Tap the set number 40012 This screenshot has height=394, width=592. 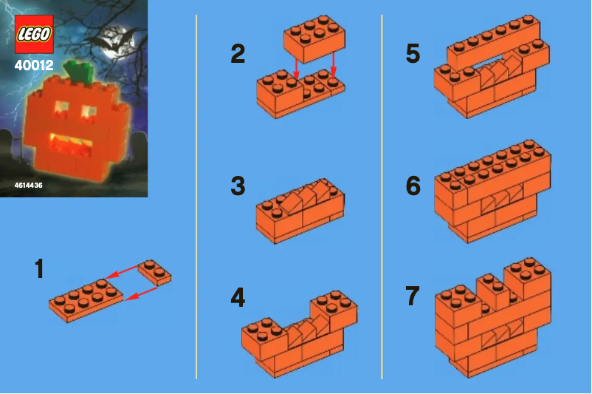pos(33,65)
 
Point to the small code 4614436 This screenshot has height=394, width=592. pos(28,186)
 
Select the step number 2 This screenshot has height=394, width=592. pos(238,54)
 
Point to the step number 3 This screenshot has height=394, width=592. pos(238,186)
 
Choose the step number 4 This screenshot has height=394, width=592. pos(238,298)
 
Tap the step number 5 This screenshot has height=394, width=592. pos(413,54)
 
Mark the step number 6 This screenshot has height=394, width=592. pos(413,186)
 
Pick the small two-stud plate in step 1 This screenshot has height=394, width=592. pos(154,272)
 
